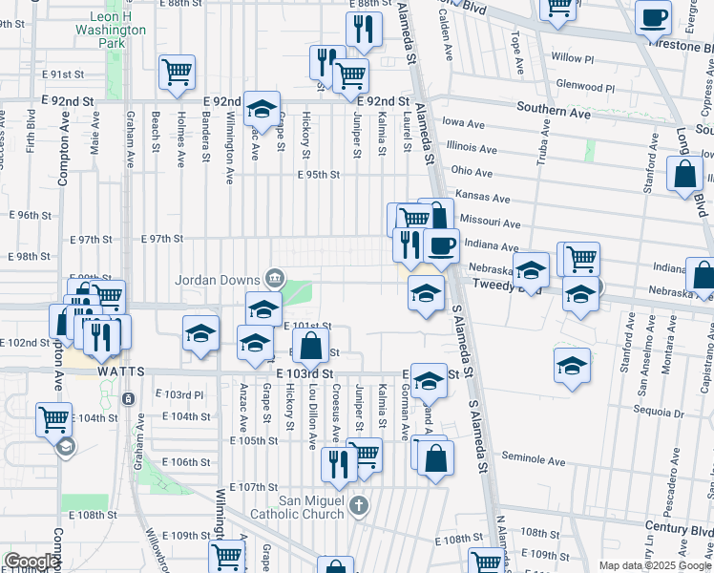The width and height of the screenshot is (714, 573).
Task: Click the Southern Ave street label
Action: click(554, 112)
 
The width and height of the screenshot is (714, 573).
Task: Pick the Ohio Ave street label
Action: click(472, 172)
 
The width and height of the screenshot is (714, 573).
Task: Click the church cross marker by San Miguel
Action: click(358, 504)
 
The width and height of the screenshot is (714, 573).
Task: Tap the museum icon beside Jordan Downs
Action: click(275, 279)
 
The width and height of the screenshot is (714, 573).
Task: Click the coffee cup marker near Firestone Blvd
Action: click(655, 16)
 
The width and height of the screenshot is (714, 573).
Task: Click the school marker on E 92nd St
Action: click(260, 109)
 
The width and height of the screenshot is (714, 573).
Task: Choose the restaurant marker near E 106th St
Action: click(338, 463)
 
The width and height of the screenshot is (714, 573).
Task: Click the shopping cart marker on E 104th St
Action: click(53, 418)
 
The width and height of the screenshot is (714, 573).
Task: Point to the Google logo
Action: click(31, 562)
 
